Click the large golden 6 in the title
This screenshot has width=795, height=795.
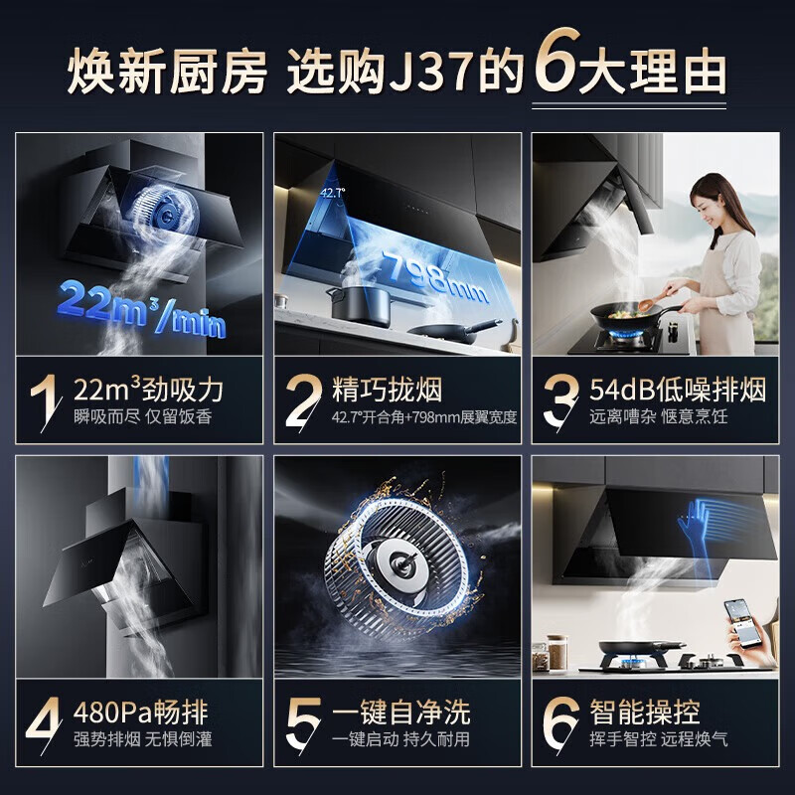pyautogui.click(x=556, y=61)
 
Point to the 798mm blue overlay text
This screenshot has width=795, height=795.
pyautogui.click(x=435, y=278)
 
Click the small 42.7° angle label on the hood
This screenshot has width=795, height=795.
pyautogui.click(x=333, y=192)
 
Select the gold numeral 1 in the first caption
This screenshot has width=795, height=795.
pyautogui.click(x=45, y=400)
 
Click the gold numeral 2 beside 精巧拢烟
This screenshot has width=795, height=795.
pyautogui.click(x=303, y=400)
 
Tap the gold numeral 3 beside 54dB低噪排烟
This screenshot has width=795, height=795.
pyautogui.click(x=560, y=400)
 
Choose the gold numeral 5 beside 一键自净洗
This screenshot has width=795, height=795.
pyautogui.click(x=303, y=723)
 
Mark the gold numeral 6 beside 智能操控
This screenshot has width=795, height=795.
pyautogui.click(x=560, y=723)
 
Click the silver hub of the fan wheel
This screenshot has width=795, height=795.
pyautogui.click(x=403, y=561)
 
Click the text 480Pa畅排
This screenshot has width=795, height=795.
pyautogui.click(x=140, y=712)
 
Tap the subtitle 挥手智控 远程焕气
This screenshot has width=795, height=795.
pyautogui.click(x=658, y=739)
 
